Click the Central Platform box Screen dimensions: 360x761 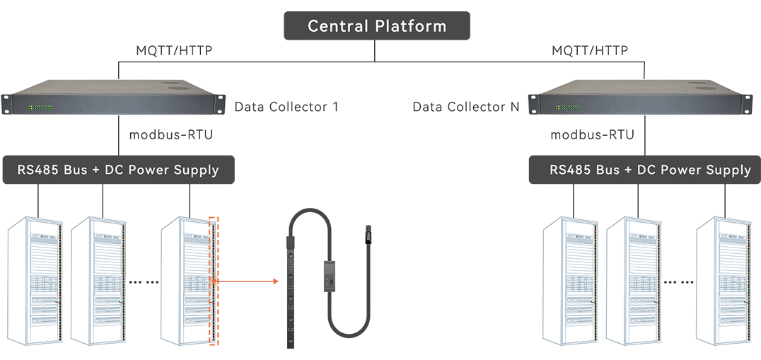[377, 26]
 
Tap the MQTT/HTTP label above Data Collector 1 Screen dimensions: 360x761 [174, 51]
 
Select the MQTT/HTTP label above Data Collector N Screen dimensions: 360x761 [590, 51]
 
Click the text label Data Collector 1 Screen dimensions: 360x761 [286, 107]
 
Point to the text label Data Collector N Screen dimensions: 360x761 [466, 107]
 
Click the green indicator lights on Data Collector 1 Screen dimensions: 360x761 [40, 108]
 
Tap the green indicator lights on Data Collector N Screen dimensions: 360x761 [567, 108]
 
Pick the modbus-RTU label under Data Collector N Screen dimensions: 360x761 [592, 134]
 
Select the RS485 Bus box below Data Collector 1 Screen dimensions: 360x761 [117, 170]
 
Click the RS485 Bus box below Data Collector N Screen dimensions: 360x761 [644, 170]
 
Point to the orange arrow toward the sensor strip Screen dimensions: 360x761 [248, 281]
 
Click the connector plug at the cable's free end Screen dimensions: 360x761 [366, 233]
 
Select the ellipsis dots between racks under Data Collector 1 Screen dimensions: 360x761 [144, 281]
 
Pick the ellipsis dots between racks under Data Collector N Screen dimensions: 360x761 [679, 281]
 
